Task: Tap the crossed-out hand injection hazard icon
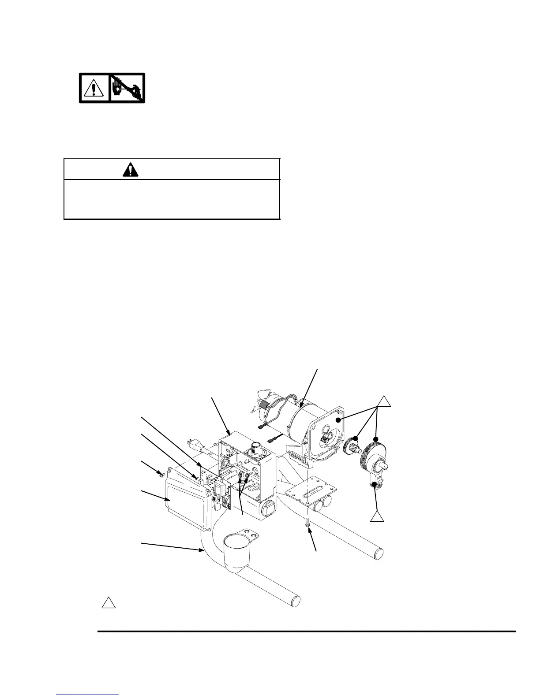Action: coord(127,88)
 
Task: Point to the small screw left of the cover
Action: coord(161,474)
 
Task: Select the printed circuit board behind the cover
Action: coord(221,489)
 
